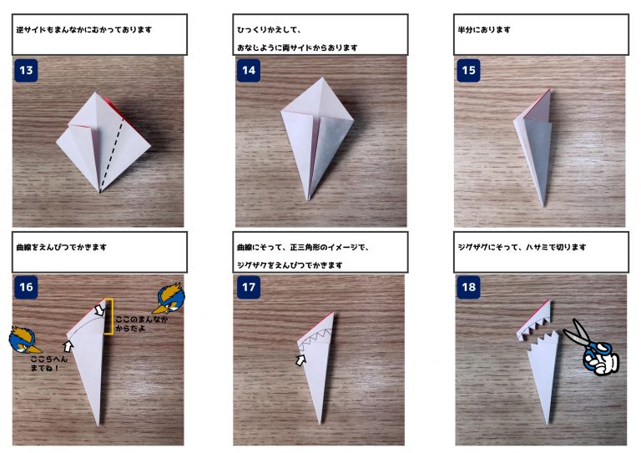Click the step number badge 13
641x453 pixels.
26,70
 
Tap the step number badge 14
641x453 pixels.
249,70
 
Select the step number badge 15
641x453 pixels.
468,70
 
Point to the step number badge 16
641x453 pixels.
26,287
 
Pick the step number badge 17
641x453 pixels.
249,287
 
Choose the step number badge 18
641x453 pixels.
468,287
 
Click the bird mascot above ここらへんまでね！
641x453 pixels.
24,340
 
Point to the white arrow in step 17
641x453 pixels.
300,360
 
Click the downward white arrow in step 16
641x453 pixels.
99,310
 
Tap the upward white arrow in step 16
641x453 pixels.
68,346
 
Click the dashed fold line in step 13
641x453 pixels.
111,156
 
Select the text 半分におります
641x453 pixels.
484,29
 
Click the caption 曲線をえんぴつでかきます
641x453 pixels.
61,247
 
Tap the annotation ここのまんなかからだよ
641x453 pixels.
141,324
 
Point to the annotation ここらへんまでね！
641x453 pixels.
48,364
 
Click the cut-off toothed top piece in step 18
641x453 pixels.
534,320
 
